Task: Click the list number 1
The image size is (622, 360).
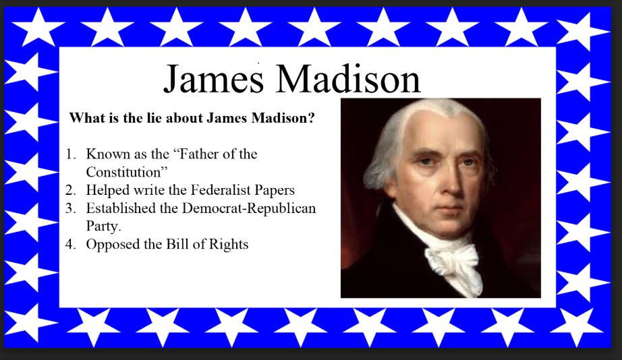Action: pos(71,154)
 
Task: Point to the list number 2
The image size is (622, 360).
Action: pos(71,190)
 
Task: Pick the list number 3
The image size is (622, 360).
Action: pos(71,208)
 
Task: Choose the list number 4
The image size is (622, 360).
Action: pos(71,244)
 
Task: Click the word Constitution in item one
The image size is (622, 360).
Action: pos(126,172)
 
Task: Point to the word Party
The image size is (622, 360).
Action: pos(103,227)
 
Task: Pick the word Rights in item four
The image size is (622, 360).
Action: pos(228,245)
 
